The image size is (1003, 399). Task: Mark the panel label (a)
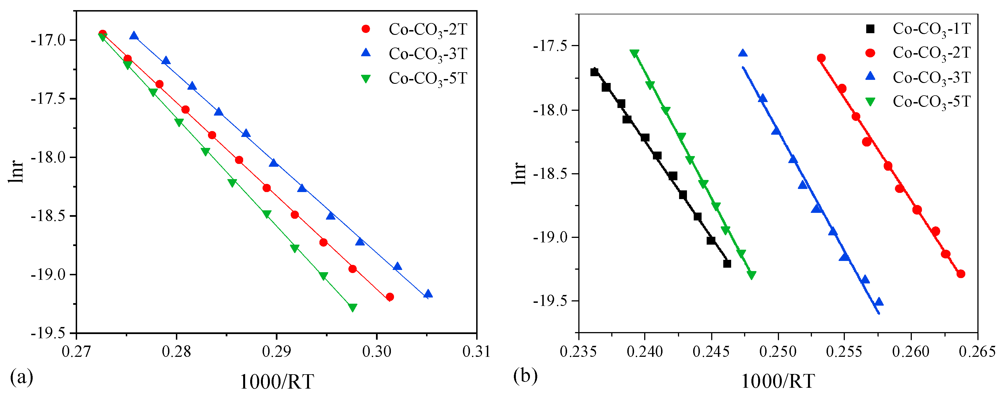point(22,377)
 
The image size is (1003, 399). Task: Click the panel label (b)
point(525,376)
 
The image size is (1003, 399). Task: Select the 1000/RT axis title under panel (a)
point(276,382)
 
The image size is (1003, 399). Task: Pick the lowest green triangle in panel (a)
point(352,308)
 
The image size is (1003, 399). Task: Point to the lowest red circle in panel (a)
point(390,297)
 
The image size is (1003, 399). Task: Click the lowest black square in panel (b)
point(727,264)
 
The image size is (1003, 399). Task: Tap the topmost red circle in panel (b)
point(821,58)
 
